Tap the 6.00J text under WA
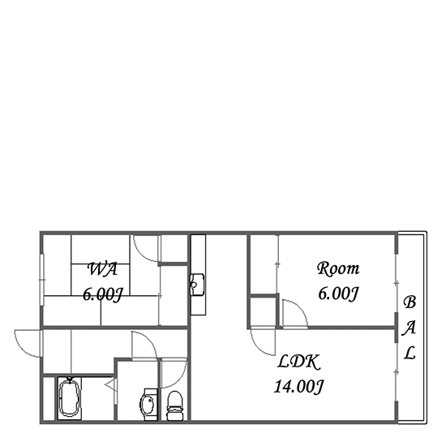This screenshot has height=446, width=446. point(103,294)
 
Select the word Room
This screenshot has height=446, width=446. point(338,268)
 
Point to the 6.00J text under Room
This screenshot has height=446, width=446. point(338,294)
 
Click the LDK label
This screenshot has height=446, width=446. point(298,362)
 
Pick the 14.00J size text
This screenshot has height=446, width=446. point(298,387)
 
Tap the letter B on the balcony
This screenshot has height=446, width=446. point(410,302)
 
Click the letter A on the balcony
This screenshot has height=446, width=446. point(409,328)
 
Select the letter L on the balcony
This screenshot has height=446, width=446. point(410,353)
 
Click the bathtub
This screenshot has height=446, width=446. point(70,398)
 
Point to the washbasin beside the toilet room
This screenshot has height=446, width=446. point(148,404)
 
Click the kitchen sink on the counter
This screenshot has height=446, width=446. point(197,285)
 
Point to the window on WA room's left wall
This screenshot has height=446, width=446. point(42,280)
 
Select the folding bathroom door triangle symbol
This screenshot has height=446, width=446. point(111,385)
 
